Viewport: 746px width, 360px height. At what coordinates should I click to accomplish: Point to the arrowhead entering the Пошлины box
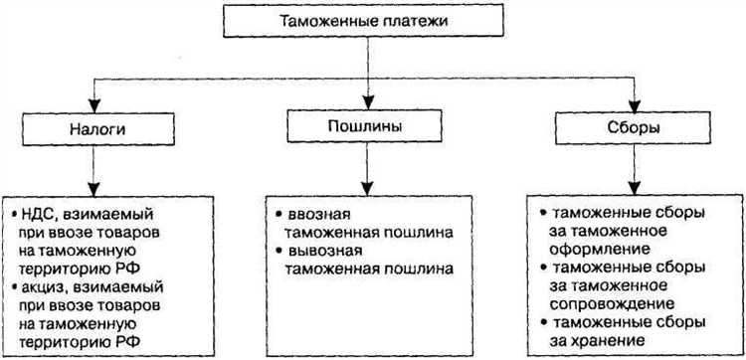click(x=369, y=103)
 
